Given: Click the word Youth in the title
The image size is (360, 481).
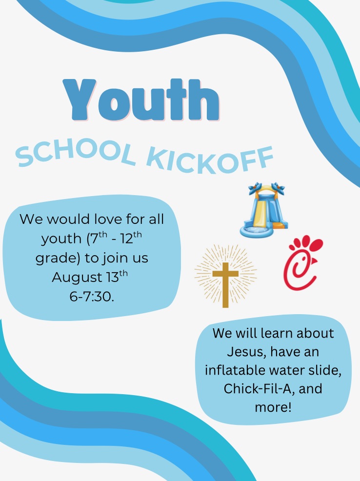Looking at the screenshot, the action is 141,100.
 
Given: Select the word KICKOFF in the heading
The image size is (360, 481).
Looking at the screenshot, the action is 210,160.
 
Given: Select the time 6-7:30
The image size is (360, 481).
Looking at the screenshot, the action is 92,296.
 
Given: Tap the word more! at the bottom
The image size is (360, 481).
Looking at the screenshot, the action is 273,407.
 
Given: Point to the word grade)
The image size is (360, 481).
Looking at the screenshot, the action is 58,258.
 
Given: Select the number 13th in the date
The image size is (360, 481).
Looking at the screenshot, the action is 117,277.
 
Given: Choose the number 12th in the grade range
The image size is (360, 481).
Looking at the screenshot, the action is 131,238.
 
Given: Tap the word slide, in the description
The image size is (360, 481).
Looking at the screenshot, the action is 325,370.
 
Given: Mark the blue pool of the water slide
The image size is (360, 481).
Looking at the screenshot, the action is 257,231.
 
